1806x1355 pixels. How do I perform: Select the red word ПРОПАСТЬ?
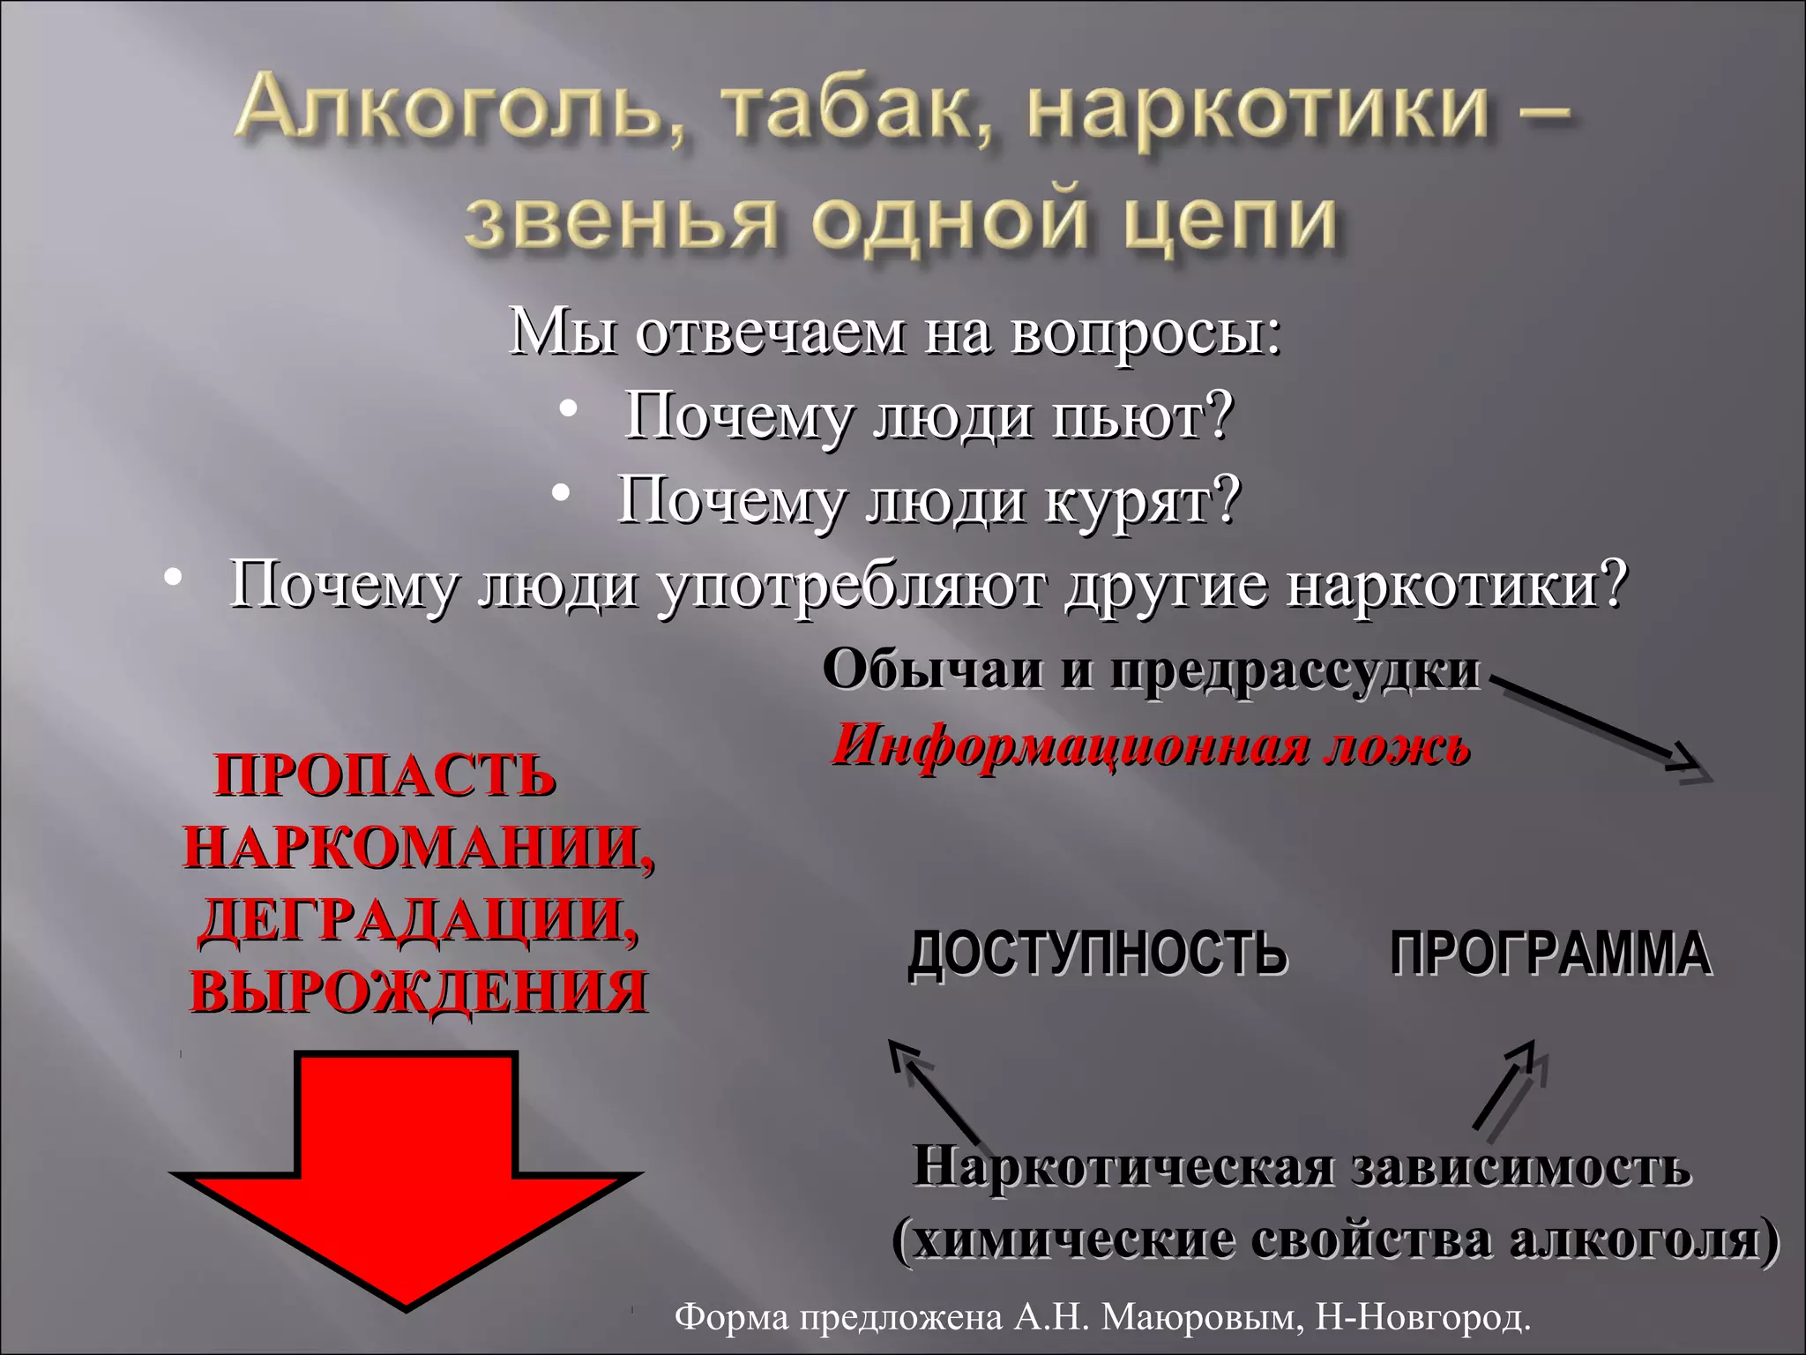[x=385, y=776]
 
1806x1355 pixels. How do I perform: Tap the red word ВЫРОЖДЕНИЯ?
[x=419, y=991]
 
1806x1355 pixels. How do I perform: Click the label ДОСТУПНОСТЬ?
[x=1097, y=954]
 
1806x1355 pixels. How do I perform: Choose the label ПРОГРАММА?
[x=1551, y=954]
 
